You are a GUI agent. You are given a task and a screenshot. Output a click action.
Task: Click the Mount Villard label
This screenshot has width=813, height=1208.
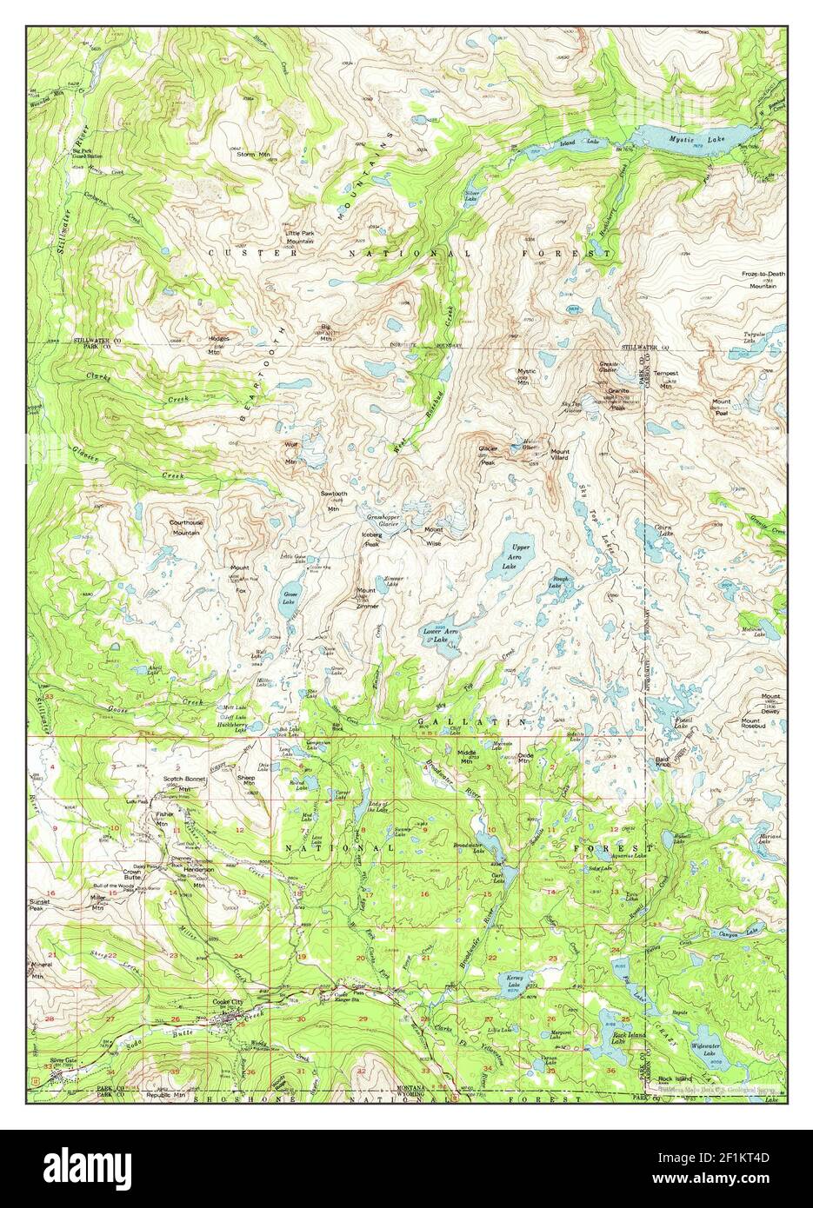click(560, 455)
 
